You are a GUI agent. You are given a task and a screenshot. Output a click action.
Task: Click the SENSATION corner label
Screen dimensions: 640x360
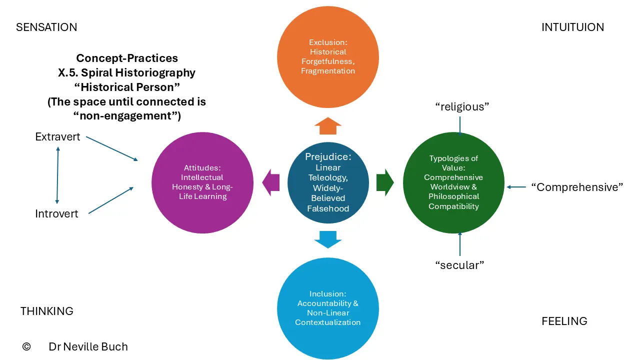pos(46,27)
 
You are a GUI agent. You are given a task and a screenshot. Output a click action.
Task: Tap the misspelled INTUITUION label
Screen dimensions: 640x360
pos(572,27)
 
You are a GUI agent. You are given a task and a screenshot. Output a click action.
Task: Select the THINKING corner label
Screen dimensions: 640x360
pos(47,311)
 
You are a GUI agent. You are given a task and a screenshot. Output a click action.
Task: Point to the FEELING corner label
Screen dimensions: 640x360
pos(564,321)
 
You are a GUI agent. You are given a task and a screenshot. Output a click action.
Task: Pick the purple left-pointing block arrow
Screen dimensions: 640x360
pos(270,182)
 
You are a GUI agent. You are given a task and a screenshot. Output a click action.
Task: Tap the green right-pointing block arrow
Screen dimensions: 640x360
pos(385,182)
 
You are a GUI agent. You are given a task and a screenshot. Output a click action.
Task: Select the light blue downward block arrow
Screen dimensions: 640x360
pos(328,239)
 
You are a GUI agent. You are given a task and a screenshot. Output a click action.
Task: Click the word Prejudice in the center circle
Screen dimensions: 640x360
pos(328,156)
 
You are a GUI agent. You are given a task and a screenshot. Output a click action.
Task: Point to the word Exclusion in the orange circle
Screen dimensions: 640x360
pos(328,42)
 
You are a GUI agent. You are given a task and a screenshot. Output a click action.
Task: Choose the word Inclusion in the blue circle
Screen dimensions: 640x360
pos(328,293)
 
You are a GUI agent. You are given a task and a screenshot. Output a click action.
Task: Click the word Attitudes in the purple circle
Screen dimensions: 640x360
pos(202,167)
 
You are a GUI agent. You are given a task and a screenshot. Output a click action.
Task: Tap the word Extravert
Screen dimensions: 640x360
pos(57,137)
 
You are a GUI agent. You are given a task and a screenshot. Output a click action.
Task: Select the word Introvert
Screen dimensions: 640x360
pos(56,213)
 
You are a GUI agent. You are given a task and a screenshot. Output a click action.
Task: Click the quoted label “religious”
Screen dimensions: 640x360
pos(462,107)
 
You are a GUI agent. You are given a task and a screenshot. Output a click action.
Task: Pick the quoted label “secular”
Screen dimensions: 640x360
pos(459,265)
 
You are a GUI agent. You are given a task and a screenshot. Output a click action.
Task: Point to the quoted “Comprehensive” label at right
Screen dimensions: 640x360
pos(577,187)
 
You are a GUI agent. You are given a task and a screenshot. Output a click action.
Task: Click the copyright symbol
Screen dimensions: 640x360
pos(26,346)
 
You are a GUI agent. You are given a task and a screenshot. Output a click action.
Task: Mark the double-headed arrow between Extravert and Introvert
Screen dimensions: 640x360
pos(57,175)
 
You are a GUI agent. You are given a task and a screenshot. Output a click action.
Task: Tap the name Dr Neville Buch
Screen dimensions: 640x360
pos(88,346)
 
